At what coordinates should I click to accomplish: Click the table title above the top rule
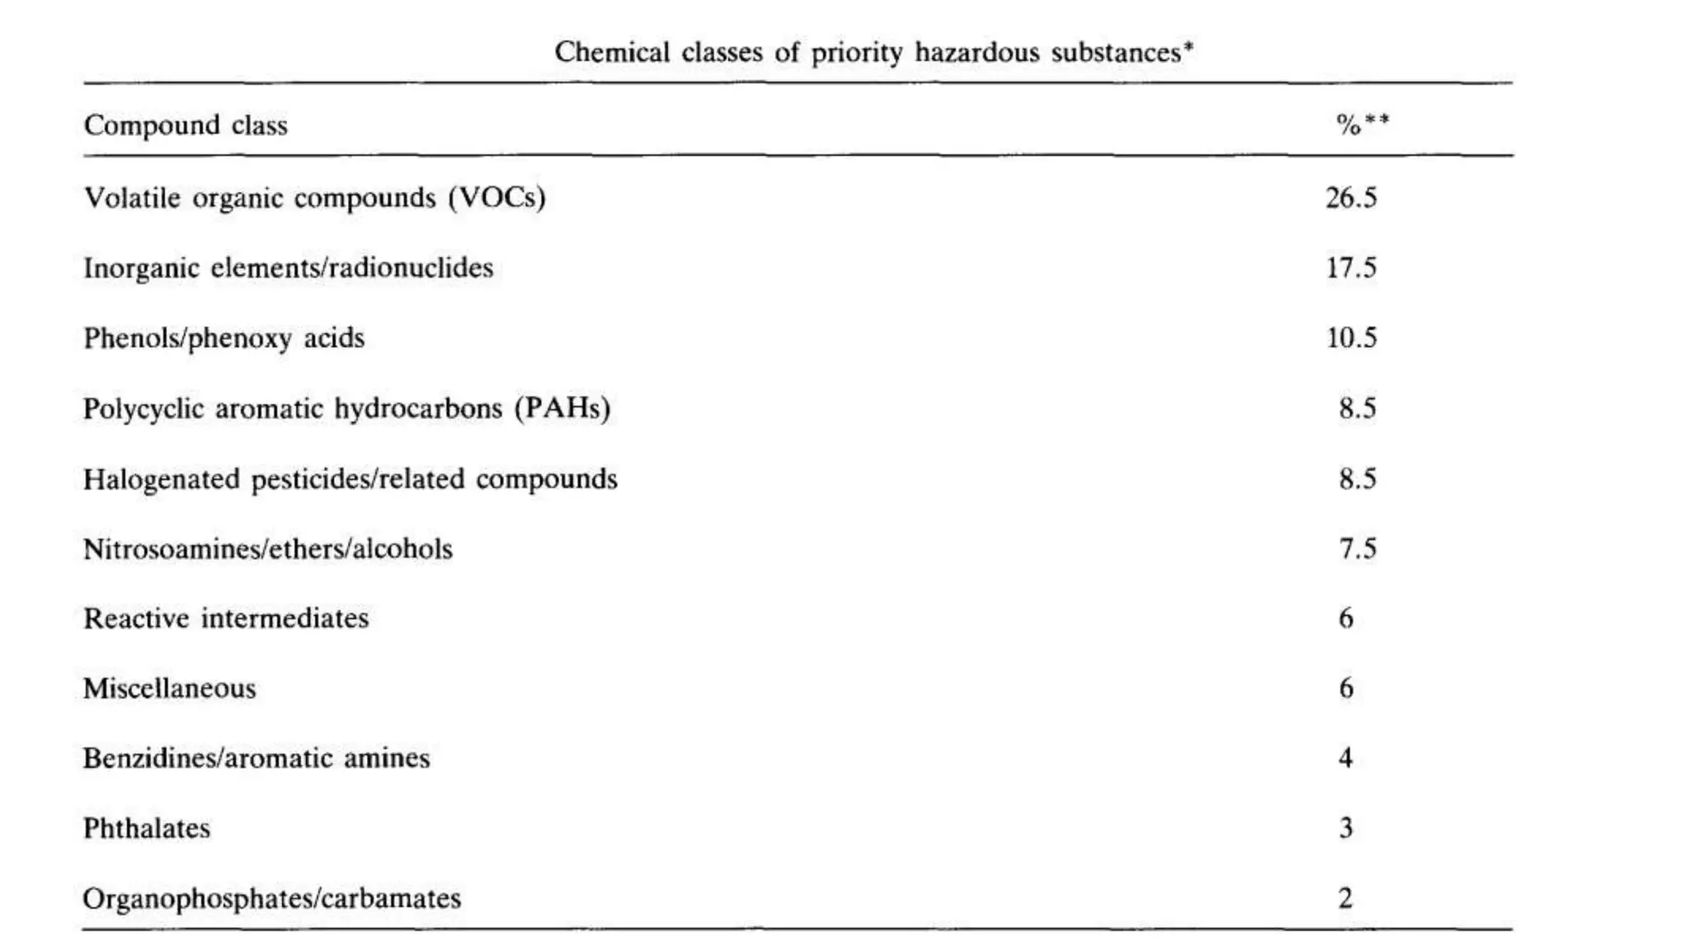tap(874, 53)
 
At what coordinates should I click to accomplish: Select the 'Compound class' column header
tap(186, 125)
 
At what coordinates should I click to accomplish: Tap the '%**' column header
tap(1362, 125)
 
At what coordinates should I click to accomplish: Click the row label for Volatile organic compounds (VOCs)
tap(314, 198)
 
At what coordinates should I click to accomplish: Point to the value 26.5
tap(1351, 198)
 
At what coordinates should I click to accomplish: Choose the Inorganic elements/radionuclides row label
tap(288, 268)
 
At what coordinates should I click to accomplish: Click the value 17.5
tap(1351, 268)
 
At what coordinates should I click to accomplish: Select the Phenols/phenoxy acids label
tap(223, 338)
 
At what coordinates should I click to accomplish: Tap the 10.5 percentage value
tap(1351, 338)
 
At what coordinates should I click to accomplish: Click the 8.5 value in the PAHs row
tap(1357, 409)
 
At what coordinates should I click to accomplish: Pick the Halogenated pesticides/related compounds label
tap(350, 479)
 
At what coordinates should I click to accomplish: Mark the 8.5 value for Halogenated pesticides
tap(1357, 479)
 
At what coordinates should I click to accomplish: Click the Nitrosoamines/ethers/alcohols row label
tap(268, 549)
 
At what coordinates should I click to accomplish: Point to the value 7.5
tap(1357, 549)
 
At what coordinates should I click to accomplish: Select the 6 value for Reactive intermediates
tap(1346, 618)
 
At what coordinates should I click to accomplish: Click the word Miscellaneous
tap(170, 689)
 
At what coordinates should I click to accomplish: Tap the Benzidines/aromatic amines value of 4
tap(1346, 758)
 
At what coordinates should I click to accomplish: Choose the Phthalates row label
tap(147, 828)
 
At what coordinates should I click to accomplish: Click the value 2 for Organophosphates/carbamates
tap(1346, 898)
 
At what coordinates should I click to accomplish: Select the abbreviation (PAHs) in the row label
tap(562, 409)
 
